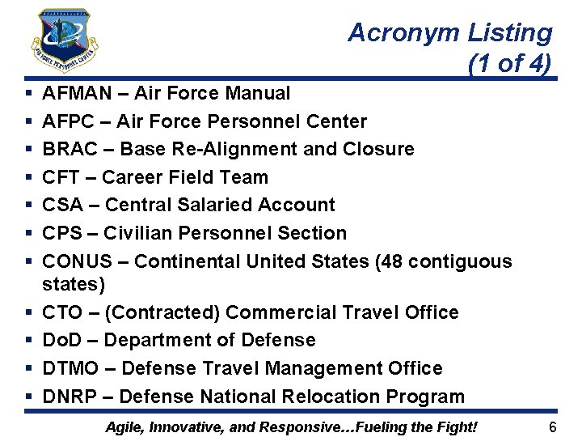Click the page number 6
tap(553, 426)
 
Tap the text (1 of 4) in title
tap(509, 64)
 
